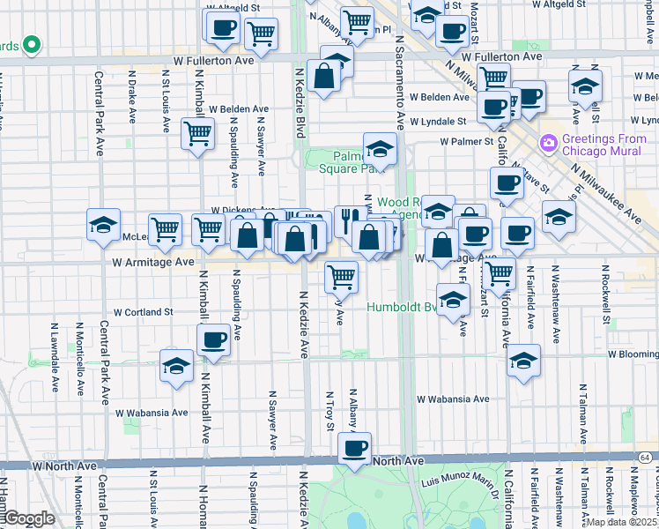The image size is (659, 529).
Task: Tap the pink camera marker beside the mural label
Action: coord(549,141)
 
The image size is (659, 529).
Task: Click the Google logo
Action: coord(29,518)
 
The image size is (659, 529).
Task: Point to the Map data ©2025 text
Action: coord(621,522)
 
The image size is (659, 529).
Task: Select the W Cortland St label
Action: coord(143,312)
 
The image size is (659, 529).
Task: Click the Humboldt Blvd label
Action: coord(402,308)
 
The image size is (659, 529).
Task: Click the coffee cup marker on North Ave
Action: coord(355,448)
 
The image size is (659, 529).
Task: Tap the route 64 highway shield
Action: coord(647,457)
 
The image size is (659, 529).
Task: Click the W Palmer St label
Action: coord(467,141)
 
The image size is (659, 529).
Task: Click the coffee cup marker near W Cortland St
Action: coord(213,339)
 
